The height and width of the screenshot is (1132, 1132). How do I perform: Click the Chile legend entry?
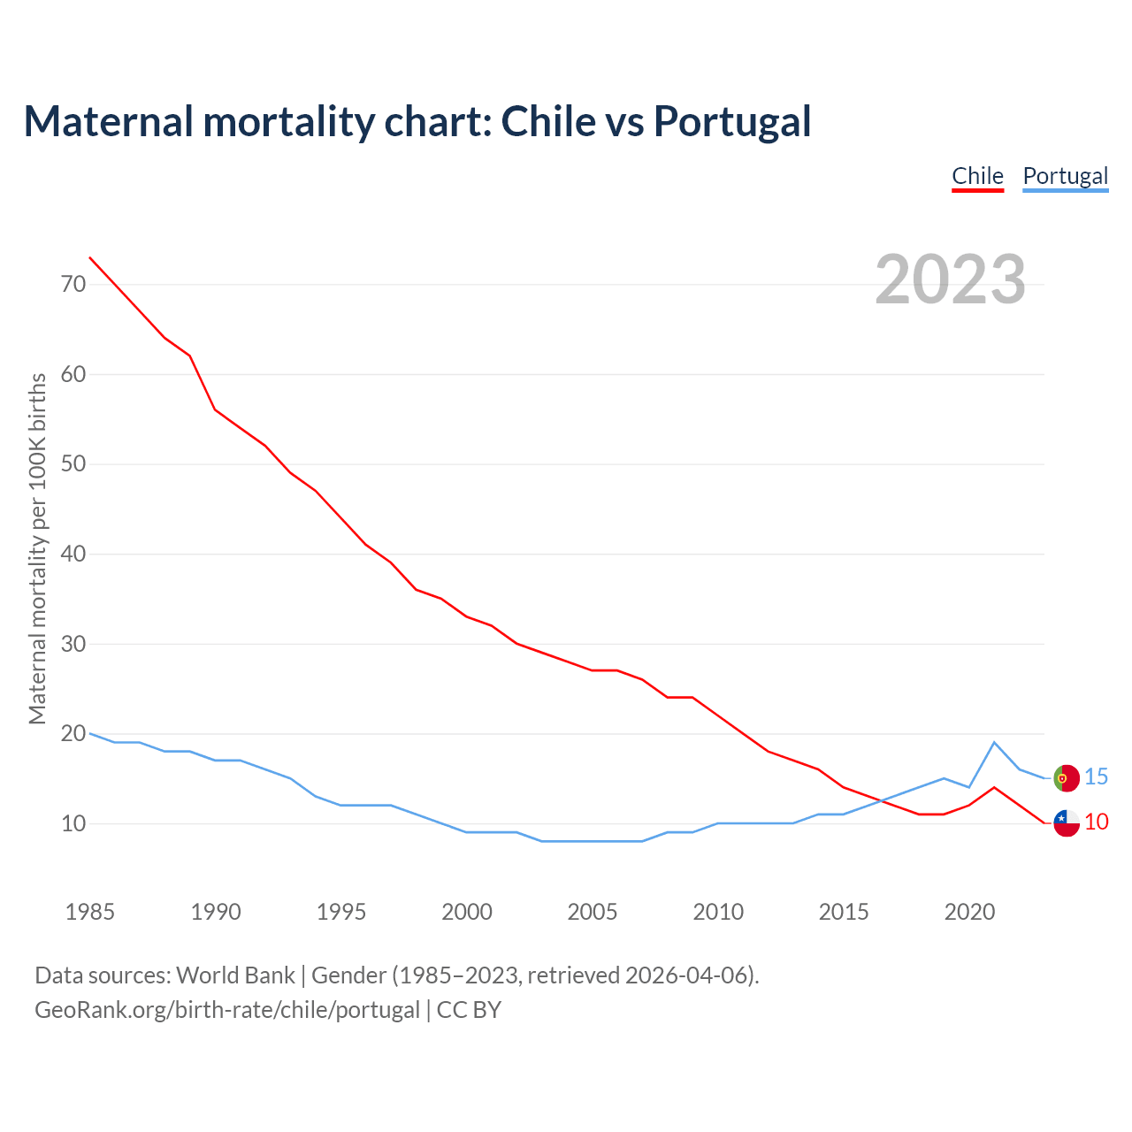[x=977, y=176]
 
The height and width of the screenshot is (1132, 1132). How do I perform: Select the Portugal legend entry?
[x=1065, y=176]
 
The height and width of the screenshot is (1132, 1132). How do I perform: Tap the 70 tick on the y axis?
[x=73, y=284]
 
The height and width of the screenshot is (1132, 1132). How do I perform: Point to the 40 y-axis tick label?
[x=73, y=554]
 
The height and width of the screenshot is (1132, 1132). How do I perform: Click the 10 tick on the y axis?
[x=73, y=823]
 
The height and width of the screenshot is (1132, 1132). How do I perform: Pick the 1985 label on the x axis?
[x=90, y=912]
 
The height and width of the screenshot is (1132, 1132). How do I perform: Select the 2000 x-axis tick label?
[x=467, y=912]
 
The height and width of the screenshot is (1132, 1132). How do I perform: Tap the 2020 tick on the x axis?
[x=969, y=912]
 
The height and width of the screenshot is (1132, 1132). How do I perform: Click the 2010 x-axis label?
[x=718, y=912]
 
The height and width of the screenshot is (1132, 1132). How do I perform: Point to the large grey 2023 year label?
[x=951, y=279]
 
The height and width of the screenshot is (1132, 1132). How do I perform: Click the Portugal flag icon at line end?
[x=1067, y=778]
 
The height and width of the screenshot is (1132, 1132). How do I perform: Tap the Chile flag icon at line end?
[x=1067, y=822]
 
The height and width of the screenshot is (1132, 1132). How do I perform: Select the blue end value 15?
[x=1096, y=776]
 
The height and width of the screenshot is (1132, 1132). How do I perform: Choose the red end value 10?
[x=1096, y=822]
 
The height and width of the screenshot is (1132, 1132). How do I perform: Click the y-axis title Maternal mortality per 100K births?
[x=37, y=548]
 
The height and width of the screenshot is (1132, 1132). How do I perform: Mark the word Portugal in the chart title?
[x=732, y=121]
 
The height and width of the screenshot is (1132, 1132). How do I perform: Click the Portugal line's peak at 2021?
[x=994, y=742]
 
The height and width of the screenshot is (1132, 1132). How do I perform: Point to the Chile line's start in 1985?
[x=90, y=257]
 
